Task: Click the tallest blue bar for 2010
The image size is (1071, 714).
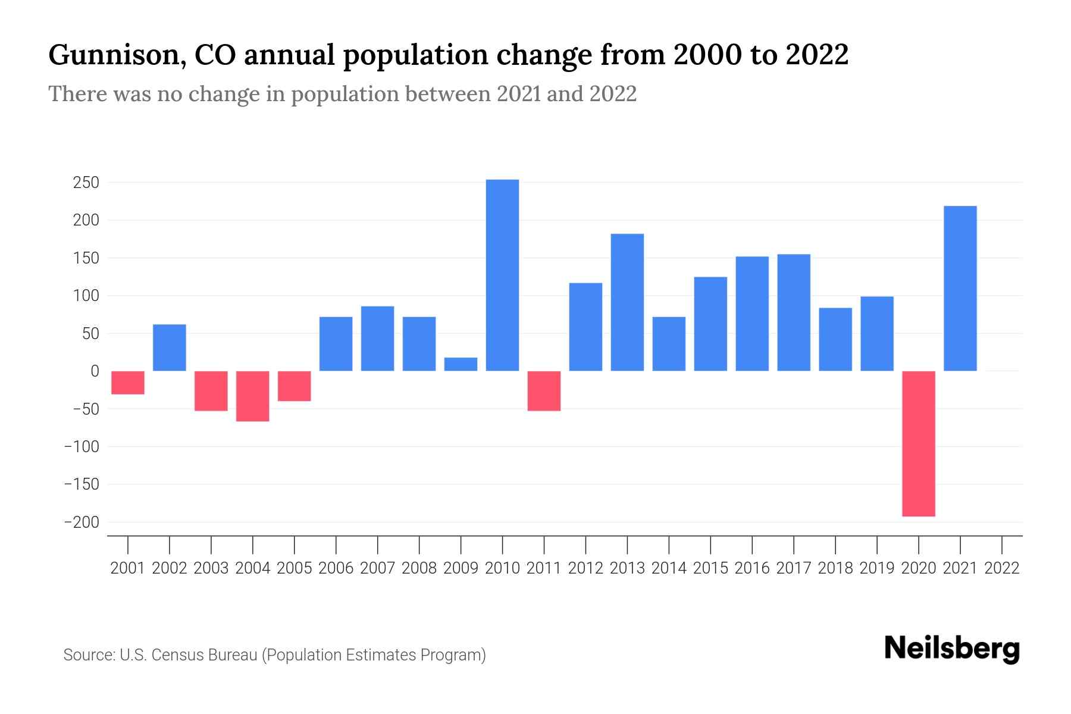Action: tap(502, 275)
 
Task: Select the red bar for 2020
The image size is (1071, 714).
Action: tap(918, 443)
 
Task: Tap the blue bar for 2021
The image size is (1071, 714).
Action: tap(960, 289)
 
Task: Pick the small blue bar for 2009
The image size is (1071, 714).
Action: tap(461, 364)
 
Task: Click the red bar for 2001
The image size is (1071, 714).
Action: tap(128, 383)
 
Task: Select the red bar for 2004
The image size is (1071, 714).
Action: tap(253, 396)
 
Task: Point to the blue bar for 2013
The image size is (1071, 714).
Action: tap(627, 302)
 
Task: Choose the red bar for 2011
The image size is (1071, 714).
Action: tap(544, 390)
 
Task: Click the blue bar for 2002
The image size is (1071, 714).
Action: tap(170, 347)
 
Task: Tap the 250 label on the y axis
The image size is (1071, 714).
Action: tap(86, 183)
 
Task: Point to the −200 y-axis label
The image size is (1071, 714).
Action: tap(82, 522)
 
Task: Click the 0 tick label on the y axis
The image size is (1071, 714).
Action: tap(95, 371)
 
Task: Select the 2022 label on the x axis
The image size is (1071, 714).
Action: tap(1001, 568)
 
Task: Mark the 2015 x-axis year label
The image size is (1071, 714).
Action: tap(710, 568)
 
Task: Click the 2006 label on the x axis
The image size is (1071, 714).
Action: tap(336, 568)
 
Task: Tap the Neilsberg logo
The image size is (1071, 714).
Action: tap(952, 649)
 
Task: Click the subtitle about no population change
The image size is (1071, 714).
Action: tap(342, 94)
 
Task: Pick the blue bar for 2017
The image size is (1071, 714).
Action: tap(793, 312)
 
